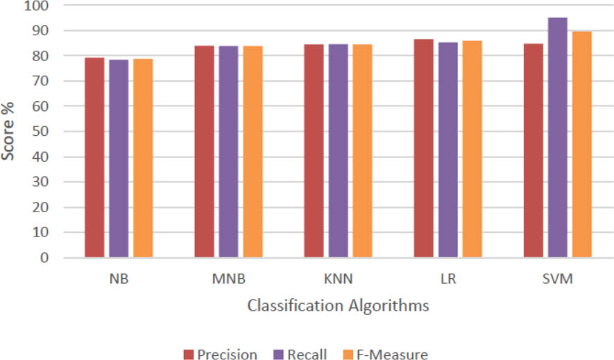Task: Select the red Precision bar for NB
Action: (x=94, y=157)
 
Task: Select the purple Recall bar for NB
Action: (x=119, y=159)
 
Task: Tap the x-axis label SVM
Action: (x=557, y=280)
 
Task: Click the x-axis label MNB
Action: (x=228, y=280)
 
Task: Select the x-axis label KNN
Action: (x=339, y=280)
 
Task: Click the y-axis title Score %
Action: (x=10, y=131)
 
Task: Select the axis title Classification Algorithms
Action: (x=338, y=305)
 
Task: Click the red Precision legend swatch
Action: (x=189, y=354)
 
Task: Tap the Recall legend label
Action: (x=309, y=354)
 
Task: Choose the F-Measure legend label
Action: (x=393, y=354)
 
